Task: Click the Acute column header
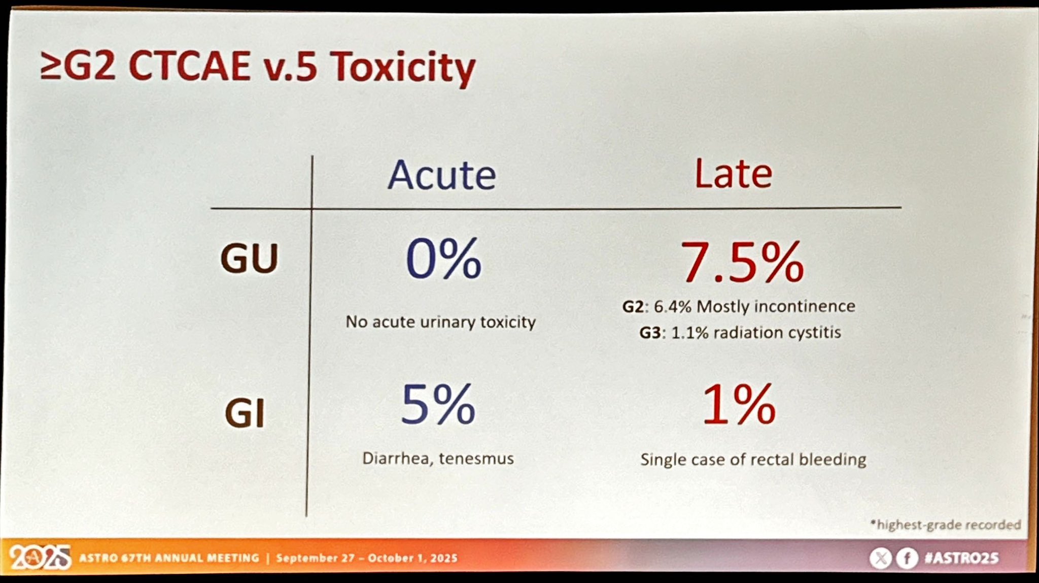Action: tap(441, 175)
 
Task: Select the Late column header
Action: tap(733, 174)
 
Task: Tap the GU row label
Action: tap(249, 258)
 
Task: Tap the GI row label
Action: tap(245, 414)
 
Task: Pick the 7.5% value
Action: tap(742, 262)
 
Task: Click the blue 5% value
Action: tap(438, 405)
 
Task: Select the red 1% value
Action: tap(739, 405)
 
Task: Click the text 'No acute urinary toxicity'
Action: tap(440, 322)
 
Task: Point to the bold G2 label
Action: tap(633, 307)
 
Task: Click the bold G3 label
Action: tap(650, 333)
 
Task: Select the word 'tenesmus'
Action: tap(476, 459)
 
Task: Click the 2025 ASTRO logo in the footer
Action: tap(40, 558)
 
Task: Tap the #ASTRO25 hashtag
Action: tap(962, 558)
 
